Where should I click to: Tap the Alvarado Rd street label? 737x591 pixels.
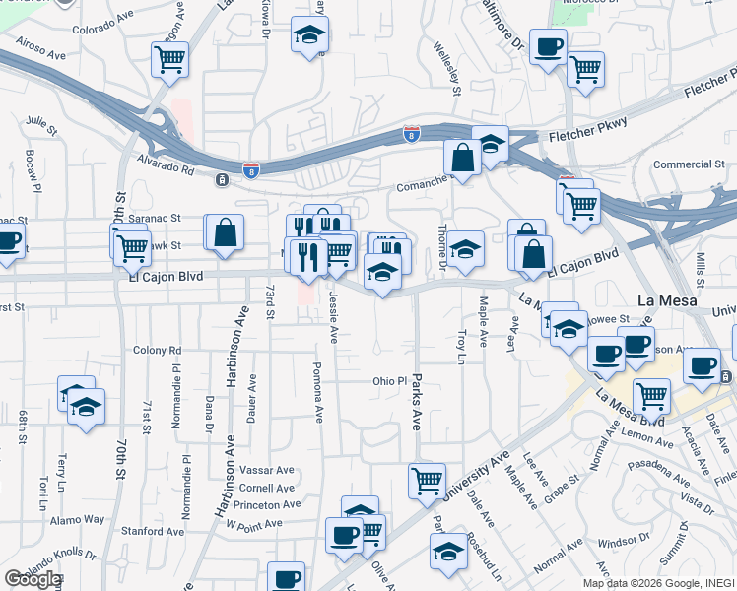coord(161,167)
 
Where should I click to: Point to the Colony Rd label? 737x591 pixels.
coord(158,350)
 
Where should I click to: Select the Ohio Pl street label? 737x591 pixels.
coord(389,381)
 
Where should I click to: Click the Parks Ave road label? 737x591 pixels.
coord(417,399)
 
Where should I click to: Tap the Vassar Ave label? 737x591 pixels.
coord(269,470)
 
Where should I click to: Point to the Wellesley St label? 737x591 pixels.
coord(457,69)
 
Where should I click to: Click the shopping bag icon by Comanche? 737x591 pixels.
coord(461,157)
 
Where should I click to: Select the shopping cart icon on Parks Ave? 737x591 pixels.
coord(427,480)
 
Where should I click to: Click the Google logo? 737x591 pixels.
coord(33,579)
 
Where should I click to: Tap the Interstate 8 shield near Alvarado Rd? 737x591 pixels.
coord(251,170)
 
